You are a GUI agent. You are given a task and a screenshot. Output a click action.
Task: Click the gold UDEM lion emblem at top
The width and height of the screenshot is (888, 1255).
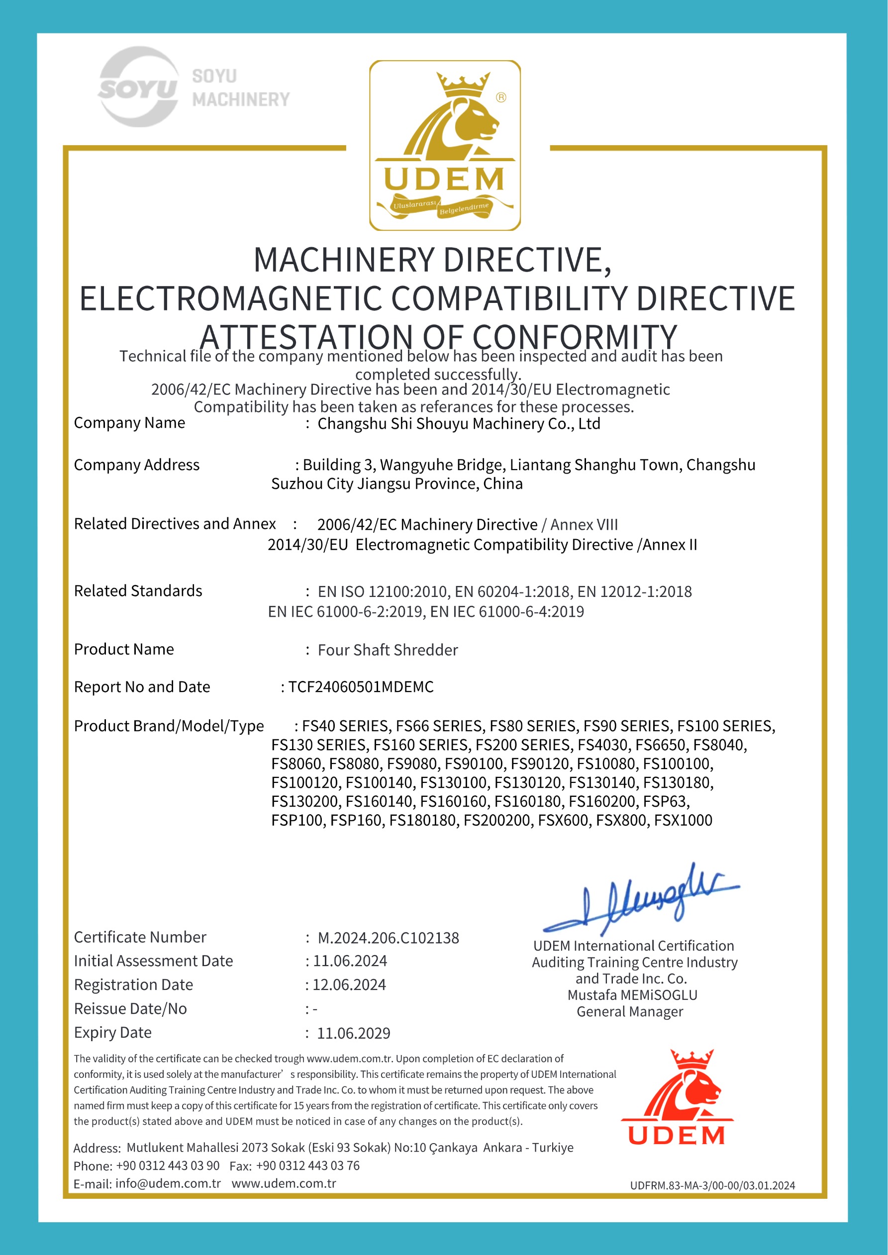[x=445, y=145]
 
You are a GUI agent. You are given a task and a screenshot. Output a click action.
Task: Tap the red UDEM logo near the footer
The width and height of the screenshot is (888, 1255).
[x=677, y=1098]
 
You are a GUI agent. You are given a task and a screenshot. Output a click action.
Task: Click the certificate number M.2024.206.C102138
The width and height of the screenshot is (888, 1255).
[x=388, y=938]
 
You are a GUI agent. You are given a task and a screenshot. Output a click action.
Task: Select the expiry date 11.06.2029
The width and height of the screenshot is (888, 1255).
[x=353, y=1033]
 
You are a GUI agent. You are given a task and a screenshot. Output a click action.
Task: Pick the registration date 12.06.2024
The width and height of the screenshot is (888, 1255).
[x=349, y=985]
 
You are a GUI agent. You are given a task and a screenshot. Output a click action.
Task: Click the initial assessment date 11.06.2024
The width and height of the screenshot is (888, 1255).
[x=349, y=961]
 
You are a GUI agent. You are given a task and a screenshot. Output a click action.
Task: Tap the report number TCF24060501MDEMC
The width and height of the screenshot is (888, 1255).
[x=361, y=687]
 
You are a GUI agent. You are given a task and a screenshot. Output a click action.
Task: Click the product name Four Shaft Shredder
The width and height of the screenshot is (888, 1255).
[x=388, y=650]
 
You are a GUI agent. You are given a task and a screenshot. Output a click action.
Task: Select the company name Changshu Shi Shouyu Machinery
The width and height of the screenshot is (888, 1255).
[x=458, y=424]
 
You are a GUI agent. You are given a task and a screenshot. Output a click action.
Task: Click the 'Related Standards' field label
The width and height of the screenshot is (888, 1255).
[x=138, y=591]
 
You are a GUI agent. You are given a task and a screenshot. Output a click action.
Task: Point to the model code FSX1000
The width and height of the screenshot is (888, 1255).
[x=683, y=820]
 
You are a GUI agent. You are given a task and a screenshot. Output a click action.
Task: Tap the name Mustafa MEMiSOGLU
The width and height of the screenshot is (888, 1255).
[x=632, y=995]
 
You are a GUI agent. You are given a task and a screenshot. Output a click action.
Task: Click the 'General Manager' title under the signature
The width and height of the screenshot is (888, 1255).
[x=630, y=1012]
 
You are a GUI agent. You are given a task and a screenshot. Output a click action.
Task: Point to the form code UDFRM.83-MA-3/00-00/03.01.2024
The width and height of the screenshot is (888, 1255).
[x=712, y=1185]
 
